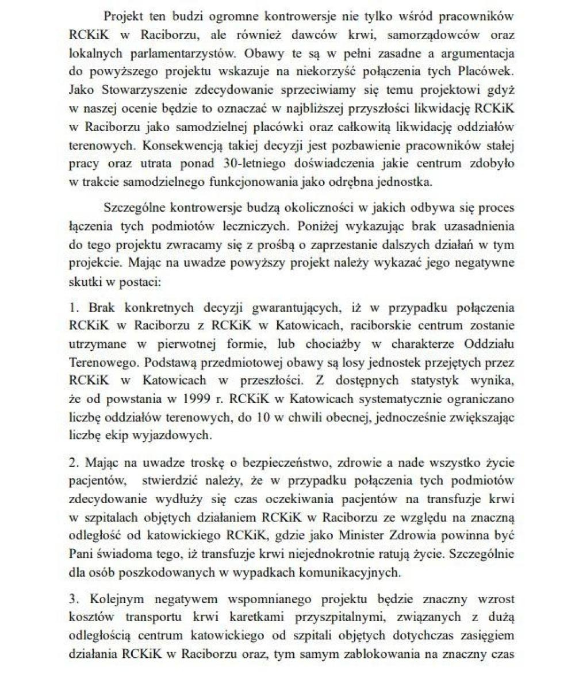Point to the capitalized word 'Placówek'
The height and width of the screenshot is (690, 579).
[x=488, y=72]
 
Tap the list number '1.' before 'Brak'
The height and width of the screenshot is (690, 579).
[x=75, y=308]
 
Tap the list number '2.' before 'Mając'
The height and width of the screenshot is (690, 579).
[x=75, y=462]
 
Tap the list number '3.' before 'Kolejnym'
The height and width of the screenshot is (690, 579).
[x=75, y=599]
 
